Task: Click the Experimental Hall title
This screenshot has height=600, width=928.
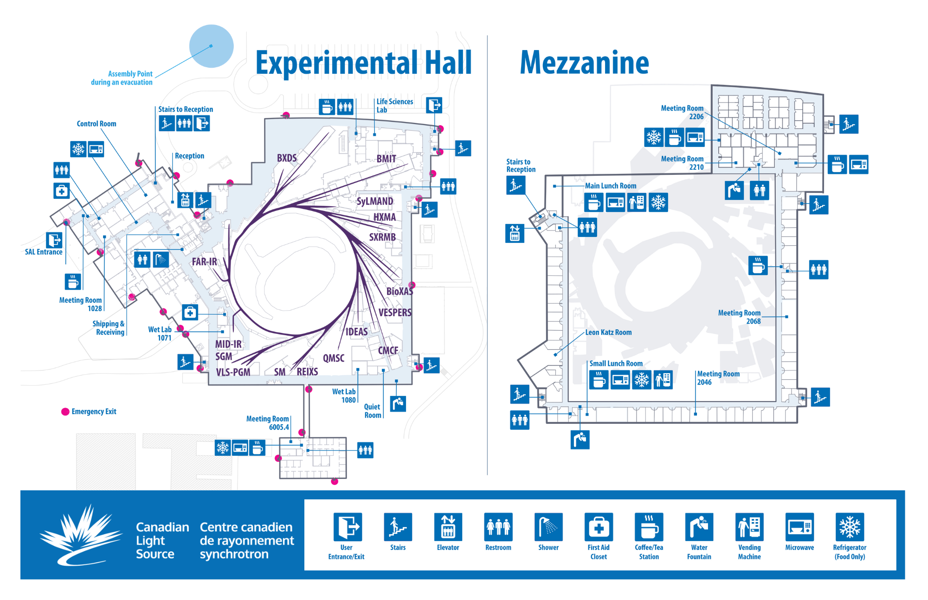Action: [x=363, y=63]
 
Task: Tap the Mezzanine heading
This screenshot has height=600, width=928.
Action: [x=584, y=63]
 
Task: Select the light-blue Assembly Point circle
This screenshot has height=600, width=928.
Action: [x=211, y=46]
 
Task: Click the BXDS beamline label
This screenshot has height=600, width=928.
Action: [x=287, y=158]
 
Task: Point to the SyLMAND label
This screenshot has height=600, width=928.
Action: [x=374, y=201]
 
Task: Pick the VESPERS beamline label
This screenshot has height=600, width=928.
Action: [x=395, y=313]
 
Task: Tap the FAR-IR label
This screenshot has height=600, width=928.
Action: [x=204, y=262]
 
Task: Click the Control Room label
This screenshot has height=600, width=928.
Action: [x=97, y=124]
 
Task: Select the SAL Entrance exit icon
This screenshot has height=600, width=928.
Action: [x=54, y=240]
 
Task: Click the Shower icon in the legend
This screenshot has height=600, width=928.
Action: [x=548, y=527]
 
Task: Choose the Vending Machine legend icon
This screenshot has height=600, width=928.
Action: [x=749, y=527]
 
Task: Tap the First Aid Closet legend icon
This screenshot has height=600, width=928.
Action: [x=599, y=527]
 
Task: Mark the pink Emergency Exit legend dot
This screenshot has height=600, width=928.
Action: [x=65, y=412]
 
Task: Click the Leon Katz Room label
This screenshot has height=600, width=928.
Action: [x=608, y=332]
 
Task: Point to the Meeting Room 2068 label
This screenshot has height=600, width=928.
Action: [x=739, y=317]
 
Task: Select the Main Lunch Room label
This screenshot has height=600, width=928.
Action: [x=611, y=186]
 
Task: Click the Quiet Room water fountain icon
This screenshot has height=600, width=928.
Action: [x=398, y=403]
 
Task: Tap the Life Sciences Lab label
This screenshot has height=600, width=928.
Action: [x=394, y=106]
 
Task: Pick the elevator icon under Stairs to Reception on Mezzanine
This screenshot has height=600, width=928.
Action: [x=515, y=233]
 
